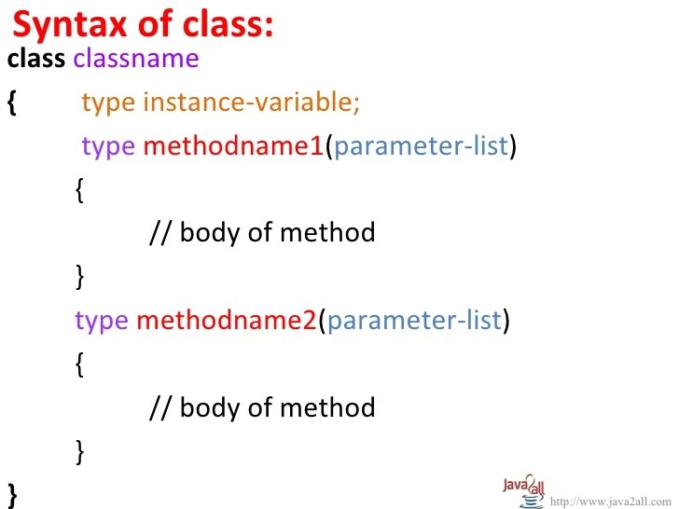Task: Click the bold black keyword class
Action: tap(35, 59)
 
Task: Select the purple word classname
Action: tap(136, 59)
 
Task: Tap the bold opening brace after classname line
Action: tap(11, 103)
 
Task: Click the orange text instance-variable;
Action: tap(251, 103)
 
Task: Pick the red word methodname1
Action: tap(233, 146)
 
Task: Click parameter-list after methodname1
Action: tap(421, 146)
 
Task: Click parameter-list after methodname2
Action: tap(414, 322)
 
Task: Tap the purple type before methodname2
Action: tap(102, 322)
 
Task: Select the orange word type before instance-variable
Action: tap(108, 103)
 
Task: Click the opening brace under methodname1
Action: tap(79, 190)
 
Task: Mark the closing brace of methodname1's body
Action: tap(79, 276)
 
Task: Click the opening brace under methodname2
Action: tap(79, 365)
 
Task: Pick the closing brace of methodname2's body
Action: tap(79, 452)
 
